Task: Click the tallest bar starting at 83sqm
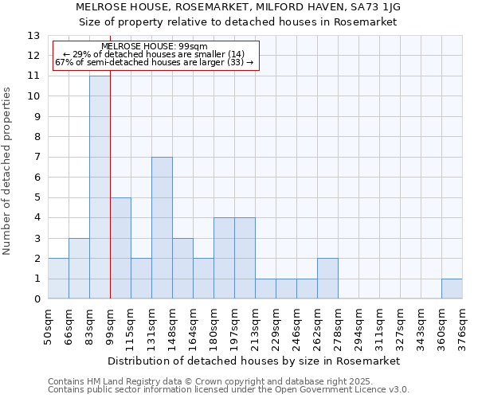[x=100, y=187]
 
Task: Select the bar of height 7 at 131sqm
[x=162, y=228]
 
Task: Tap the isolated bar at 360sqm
[x=452, y=289]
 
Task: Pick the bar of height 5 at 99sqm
[x=120, y=248]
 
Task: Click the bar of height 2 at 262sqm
[x=327, y=279]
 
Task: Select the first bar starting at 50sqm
[x=58, y=279]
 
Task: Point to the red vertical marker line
[x=110, y=183]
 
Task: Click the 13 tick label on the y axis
[x=33, y=36]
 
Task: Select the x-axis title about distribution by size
[x=255, y=361]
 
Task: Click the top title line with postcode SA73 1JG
[x=238, y=6]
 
